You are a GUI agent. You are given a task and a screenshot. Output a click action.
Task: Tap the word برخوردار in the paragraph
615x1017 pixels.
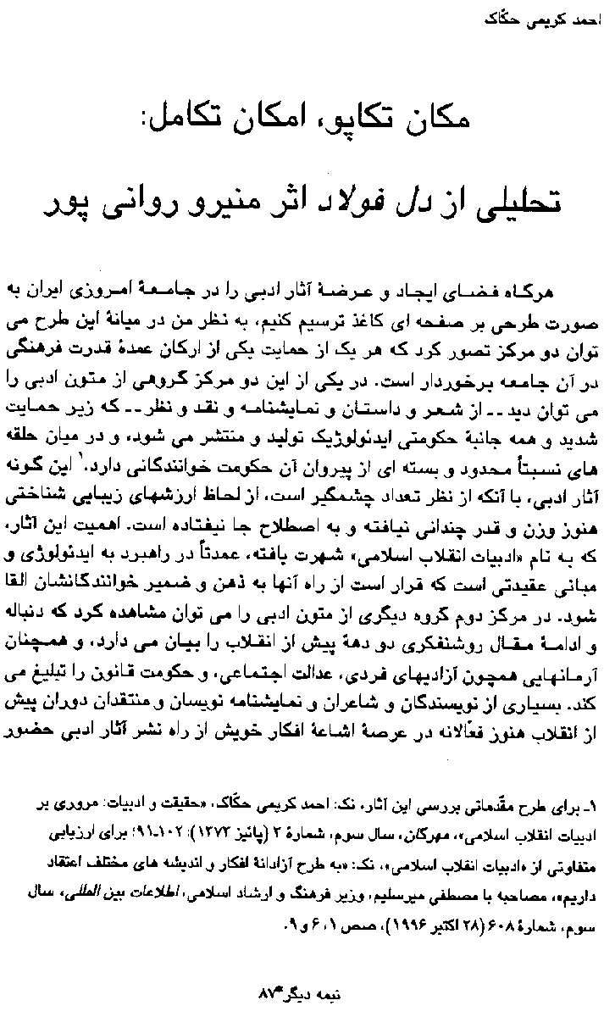coord(445,371)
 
